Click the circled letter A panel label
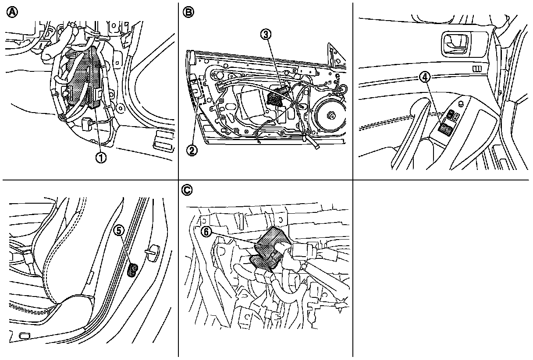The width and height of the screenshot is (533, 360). [x=12, y=13]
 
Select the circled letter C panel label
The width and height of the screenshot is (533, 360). [x=187, y=190]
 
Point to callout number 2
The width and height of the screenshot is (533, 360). [x=192, y=150]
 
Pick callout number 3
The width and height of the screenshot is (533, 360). [x=266, y=34]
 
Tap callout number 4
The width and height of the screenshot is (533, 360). [x=424, y=77]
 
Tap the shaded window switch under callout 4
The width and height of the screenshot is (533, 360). [x=447, y=129]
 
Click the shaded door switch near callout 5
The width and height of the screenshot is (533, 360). [x=132, y=270]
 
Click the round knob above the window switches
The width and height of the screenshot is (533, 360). [x=461, y=103]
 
